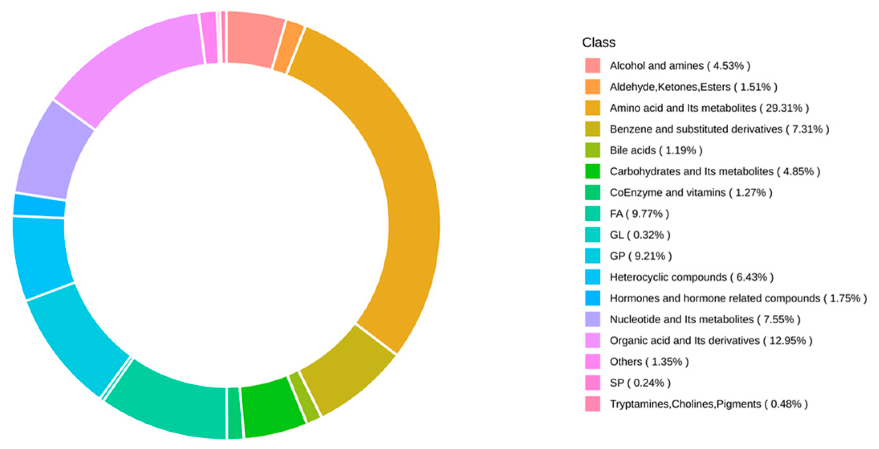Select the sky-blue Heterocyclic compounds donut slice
click(x=40, y=257)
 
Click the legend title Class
click(x=599, y=43)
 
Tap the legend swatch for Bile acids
click(x=593, y=150)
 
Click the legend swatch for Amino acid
click(x=593, y=108)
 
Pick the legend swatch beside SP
click(x=593, y=383)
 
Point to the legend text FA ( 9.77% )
click(x=639, y=214)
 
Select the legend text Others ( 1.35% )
click(x=649, y=362)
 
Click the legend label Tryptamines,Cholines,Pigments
click(x=685, y=404)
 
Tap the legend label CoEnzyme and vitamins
click(x=668, y=193)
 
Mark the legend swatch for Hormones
click(x=593, y=298)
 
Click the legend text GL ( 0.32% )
click(x=640, y=235)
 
